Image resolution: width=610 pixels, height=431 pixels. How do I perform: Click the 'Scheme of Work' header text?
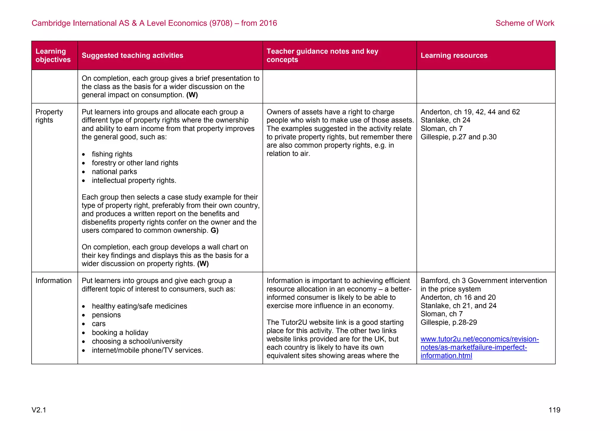(x=525, y=23)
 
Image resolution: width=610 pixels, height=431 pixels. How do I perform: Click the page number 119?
(x=554, y=410)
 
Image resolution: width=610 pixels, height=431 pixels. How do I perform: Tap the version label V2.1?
(x=39, y=410)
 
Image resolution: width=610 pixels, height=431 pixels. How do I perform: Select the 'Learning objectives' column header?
(x=53, y=55)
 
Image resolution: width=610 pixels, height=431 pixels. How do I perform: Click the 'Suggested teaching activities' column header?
(x=133, y=55)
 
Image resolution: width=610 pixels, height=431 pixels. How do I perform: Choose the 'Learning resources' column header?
(x=454, y=55)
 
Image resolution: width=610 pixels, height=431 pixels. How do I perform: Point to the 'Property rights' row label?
(x=49, y=116)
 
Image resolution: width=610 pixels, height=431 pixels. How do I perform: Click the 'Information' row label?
(x=54, y=281)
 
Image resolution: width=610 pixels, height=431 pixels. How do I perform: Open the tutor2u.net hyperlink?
(x=479, y=347)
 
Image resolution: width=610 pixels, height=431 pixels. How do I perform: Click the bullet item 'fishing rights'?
(x=112, y=154)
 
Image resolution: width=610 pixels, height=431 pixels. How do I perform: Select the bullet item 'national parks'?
(x=114, y=172)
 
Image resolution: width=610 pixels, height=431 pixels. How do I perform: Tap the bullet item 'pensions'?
(x=106, y=315)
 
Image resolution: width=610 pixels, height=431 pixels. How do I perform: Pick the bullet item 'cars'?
(x=99, y=324)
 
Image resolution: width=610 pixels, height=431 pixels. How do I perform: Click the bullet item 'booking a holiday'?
(x=120, y=333)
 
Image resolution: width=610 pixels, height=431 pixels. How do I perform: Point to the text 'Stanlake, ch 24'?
(x=445, y=120)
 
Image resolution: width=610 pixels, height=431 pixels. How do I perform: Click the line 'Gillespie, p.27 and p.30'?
(x=458, y=137)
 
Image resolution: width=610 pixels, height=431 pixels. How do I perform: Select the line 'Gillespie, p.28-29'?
(x=449, y=323)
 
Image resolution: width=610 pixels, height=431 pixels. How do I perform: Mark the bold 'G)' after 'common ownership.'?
(x=214, y=231)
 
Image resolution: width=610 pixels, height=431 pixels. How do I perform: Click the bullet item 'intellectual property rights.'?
(x=134, y=181)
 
